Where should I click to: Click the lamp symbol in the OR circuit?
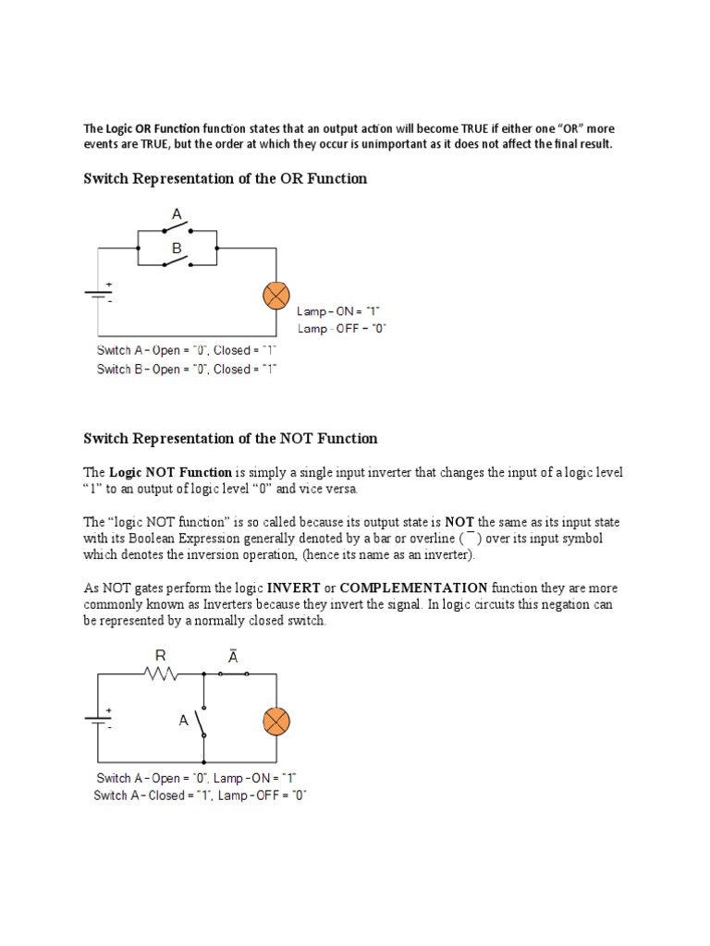click(275, 296)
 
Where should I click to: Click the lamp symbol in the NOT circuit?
click(275, 721)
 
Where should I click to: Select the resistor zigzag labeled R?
click(160, 674)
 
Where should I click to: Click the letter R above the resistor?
click(161, 656)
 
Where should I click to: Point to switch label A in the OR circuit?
click(176, 214)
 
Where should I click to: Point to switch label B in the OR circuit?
click(176, 249)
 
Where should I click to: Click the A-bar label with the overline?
click(233, 657)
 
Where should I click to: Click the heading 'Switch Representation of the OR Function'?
click(226, 178)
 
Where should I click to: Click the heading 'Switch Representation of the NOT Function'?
click(231, 438)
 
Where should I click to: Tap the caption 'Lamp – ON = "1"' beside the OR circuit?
click(338, 312)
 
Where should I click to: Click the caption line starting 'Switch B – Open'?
click(187, 369)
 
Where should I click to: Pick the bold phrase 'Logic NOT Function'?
click(171, 472)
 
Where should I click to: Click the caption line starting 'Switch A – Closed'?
click(200, 795)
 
